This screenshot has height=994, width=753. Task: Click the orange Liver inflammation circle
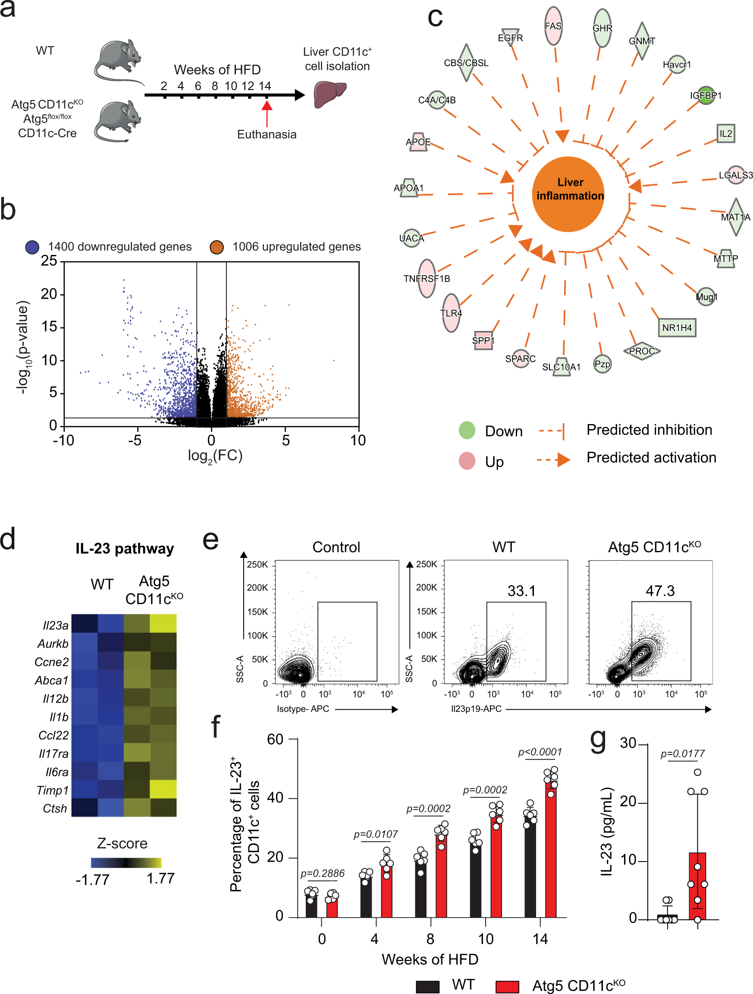click(568, 194)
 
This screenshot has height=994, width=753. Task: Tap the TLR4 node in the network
click(451, 313)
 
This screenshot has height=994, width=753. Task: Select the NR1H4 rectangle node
click(677, 327)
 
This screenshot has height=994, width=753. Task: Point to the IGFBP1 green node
click(706, 95)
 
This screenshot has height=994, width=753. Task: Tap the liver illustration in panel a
click(329, 94)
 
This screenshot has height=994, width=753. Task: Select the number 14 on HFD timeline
click(265, 86)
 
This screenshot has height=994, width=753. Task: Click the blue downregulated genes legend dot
click(32, 247)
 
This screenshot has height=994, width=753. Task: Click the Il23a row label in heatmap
click(55, 626)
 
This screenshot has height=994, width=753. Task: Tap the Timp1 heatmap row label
click(53, 790)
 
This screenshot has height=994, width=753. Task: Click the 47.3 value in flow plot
click(660, 591)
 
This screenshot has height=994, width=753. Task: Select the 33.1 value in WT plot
click(521, 591)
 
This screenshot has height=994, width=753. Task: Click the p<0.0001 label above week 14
click(540, 752)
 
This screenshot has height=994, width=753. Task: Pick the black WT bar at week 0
click(311, 906)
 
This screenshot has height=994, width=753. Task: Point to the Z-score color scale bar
click(126, 862)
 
